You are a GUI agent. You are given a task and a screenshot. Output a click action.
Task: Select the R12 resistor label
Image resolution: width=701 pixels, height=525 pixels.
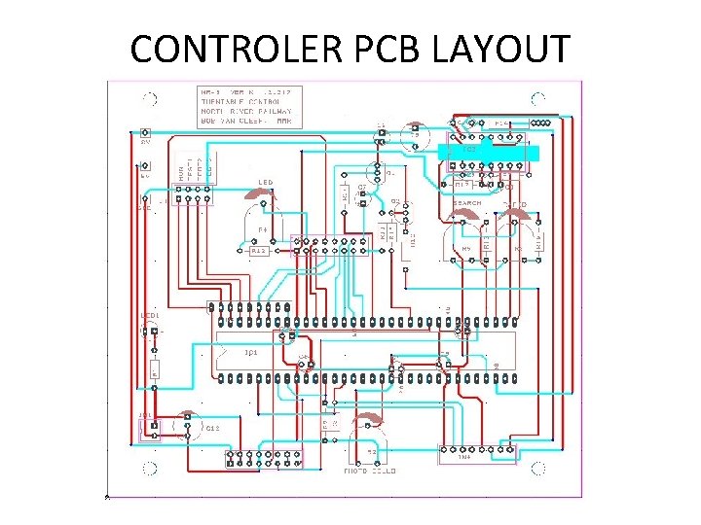tap(259, 251)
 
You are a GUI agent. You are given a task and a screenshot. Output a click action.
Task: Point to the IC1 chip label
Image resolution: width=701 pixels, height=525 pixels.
tap(250, 352)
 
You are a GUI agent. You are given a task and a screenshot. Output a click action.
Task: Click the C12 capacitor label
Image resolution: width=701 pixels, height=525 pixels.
tap(211, 427)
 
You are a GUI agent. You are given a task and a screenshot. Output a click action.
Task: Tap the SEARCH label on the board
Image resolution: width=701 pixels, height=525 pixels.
tap(467, 203)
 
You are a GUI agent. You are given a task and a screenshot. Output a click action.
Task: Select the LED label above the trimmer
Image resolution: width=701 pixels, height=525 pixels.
tap(265, 182)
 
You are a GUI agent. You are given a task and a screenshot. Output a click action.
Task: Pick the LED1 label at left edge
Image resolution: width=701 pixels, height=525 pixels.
tap(149, 316)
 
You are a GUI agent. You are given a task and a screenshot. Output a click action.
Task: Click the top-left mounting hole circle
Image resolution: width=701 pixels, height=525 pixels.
tap(149, 97)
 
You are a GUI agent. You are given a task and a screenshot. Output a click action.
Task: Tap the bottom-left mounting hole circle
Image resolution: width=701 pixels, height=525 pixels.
tap(149, 469)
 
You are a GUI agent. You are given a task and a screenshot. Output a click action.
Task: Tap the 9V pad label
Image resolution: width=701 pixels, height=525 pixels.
tap(145, 143)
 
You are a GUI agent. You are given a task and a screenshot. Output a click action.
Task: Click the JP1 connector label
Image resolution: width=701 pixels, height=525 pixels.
tap(145, 416)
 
